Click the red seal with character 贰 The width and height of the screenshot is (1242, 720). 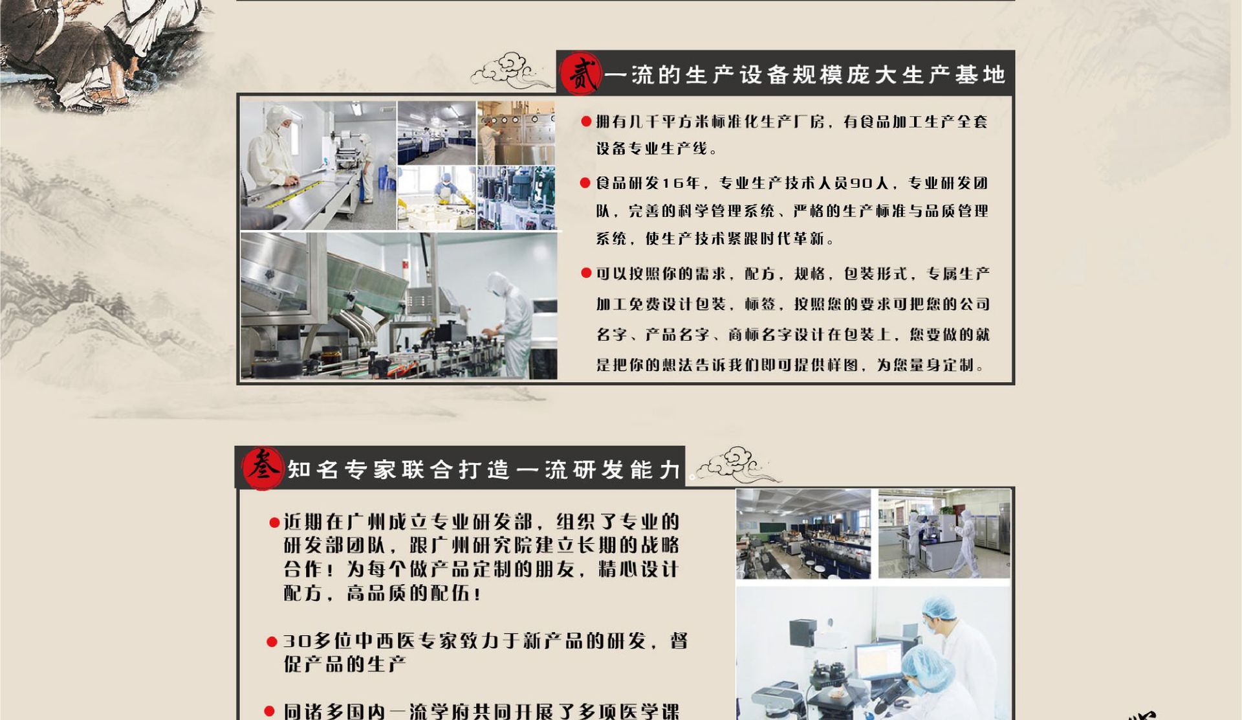click(581, 74)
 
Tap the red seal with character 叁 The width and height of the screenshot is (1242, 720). click(262, 468)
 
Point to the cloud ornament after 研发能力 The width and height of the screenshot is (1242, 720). click(737, 464)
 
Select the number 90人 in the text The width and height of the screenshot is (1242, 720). click(869, 183)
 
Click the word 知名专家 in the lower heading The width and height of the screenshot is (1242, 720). click(343, 469)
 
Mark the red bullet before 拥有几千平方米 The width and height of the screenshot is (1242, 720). click(586, 121)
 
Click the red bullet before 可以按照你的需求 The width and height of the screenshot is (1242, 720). click(586, 273)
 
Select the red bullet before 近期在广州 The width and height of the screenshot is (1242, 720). click(274, 523)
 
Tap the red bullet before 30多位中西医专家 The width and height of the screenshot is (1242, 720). click(272, 642)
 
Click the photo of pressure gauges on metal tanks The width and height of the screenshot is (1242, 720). click(516, 133)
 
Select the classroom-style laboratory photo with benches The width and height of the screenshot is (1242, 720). click(803, 534)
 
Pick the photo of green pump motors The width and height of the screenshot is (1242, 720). click(516, 197)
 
